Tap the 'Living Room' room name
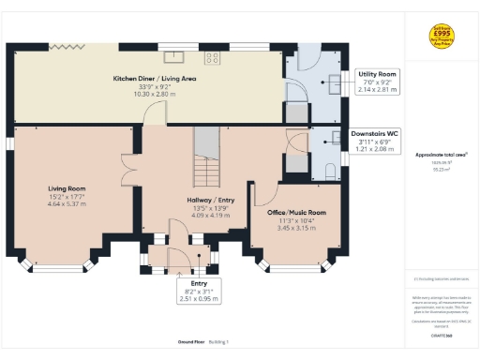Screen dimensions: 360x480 (67, 187)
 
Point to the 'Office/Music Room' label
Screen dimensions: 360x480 (291, 212)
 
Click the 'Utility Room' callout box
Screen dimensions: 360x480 (377, 82)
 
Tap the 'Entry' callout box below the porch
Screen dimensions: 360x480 (198, 290)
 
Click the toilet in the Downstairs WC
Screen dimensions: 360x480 (331, 169)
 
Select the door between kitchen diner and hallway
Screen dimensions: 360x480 (152, 114)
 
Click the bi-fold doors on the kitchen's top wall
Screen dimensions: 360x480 (67, 46)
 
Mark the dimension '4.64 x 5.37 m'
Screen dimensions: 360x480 (67, 202)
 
